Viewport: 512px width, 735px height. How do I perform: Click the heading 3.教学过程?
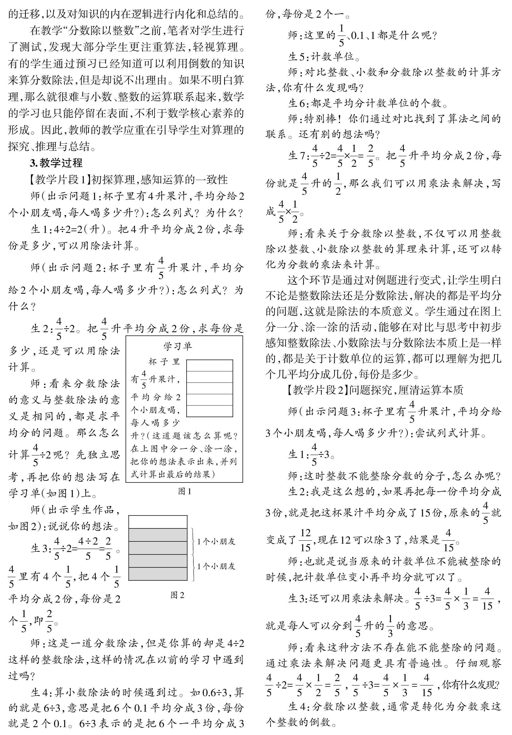pos(56,163)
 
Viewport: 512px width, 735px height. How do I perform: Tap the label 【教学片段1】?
pos(59,180)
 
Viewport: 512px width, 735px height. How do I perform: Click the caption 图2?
pos(177,595)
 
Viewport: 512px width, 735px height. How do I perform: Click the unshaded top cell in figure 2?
pos(158,521)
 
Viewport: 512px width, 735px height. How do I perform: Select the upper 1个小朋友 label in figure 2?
pos(216,541)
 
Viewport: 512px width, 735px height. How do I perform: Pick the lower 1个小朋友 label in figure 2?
pos(216,566)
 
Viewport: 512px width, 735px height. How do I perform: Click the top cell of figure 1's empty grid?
pos(209,365)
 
